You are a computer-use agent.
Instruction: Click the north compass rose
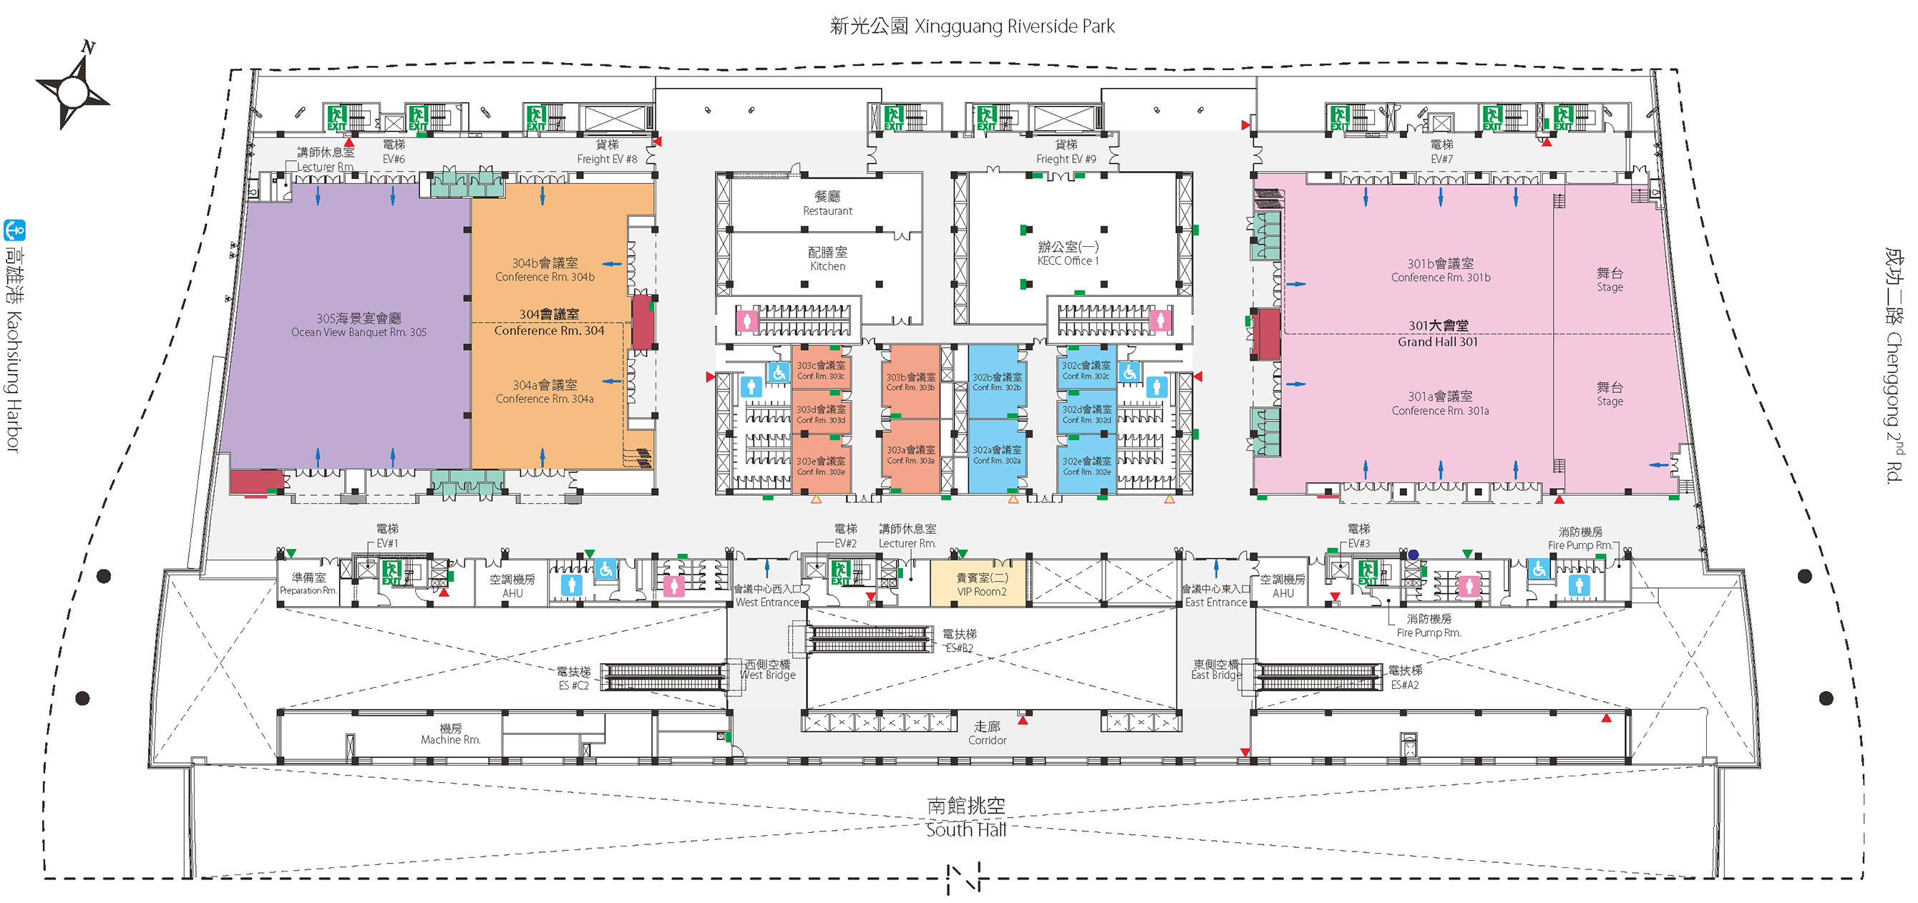pos(72,91)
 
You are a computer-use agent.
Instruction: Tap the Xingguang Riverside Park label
pos(972,26)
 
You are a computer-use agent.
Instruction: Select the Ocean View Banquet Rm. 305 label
pos(359,326)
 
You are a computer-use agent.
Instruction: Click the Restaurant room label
pos(827,203)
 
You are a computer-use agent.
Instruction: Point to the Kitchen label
pos(827,259)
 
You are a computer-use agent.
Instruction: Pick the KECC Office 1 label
pos(1068,254)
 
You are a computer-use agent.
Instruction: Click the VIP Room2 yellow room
pos(981,585)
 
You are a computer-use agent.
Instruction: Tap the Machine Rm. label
pos(450,734)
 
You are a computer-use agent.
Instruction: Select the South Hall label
pos(965,818)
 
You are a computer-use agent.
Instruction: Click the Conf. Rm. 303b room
pos(910,381)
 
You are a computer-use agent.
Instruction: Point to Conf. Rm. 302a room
pos(996,455)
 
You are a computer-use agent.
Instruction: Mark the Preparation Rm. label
pos(308,584)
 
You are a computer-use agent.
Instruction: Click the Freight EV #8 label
pos(607,152)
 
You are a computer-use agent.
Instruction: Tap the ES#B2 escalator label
pos(959,641)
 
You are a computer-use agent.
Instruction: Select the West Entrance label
pos(767,595)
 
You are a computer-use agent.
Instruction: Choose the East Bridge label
pos(1216,669)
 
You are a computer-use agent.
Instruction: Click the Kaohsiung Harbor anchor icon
pos(15,230)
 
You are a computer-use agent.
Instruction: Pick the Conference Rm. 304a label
pos(545,391)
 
